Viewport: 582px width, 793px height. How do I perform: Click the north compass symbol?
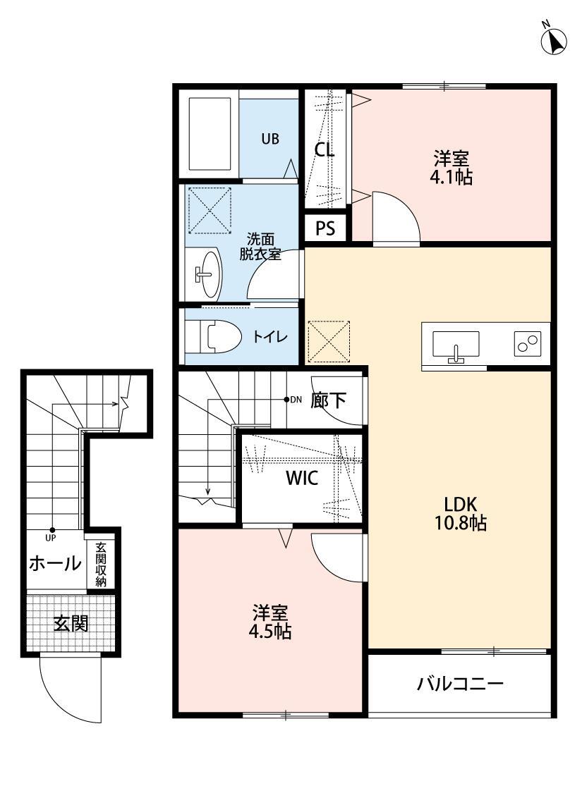tap(554, 41)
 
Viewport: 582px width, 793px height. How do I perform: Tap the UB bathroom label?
tap(270, 139)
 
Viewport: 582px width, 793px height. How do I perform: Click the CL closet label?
tap(324, 149)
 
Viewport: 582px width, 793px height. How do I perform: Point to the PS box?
tap(325, 228)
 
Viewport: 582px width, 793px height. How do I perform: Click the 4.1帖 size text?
tap(451, 177)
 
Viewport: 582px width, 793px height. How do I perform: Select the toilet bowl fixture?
tap(212, 336)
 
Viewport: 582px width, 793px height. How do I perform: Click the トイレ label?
tap(270, 337)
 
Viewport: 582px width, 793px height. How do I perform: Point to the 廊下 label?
tap(329, 400)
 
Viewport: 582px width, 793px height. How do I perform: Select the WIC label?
tap(301, 478)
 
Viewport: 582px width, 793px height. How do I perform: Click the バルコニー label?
tap(459, 683)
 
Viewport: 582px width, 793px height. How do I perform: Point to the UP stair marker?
tap(51, 532)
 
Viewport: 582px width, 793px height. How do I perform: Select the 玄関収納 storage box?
tap(101, 565)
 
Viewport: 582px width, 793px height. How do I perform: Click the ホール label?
tap(54, 563)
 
